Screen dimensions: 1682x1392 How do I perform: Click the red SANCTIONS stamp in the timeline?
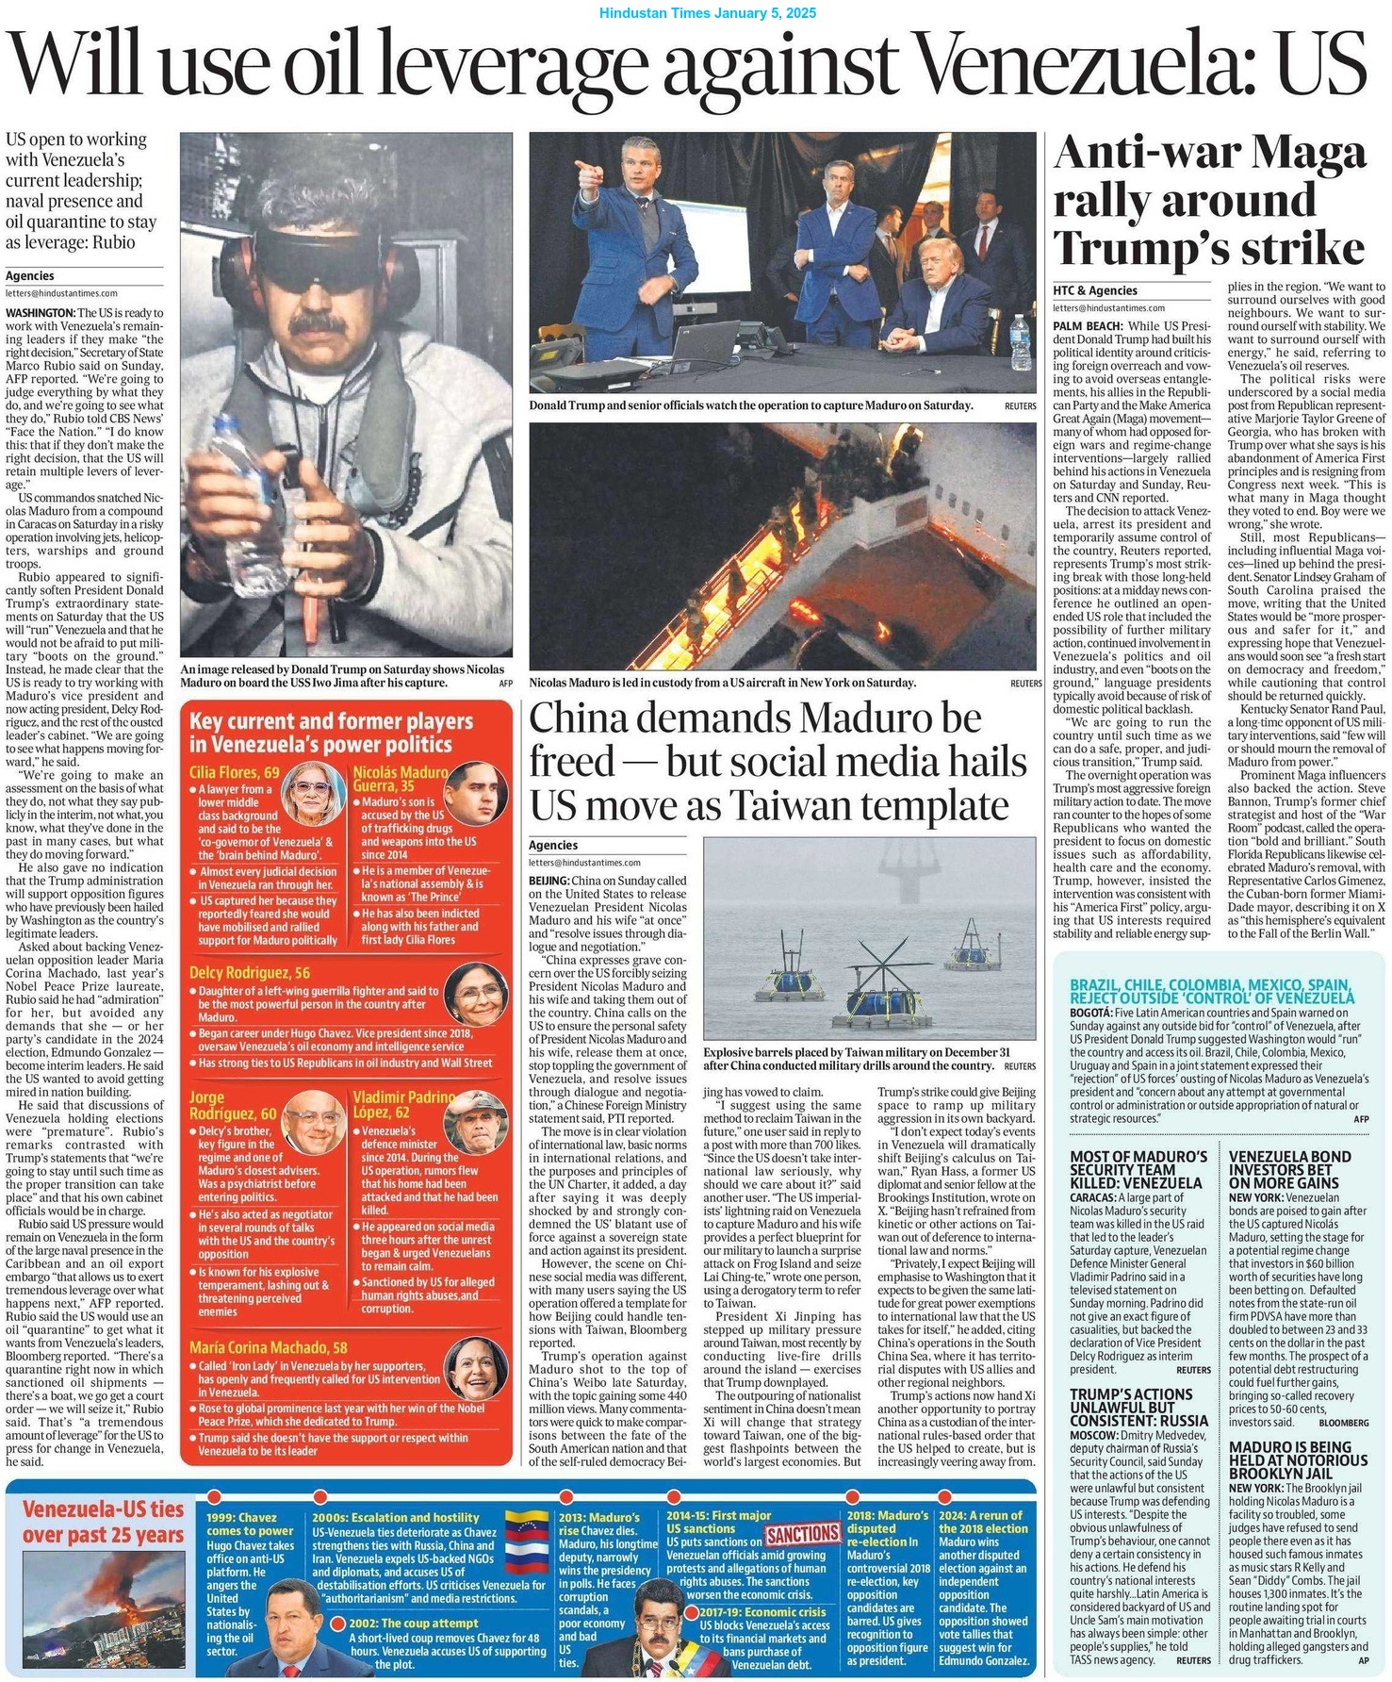(x=802, y=1533)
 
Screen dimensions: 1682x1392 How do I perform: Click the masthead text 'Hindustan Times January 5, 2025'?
(x=708, y=13)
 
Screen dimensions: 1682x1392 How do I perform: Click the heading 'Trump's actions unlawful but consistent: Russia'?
(x=1138, y=1407)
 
